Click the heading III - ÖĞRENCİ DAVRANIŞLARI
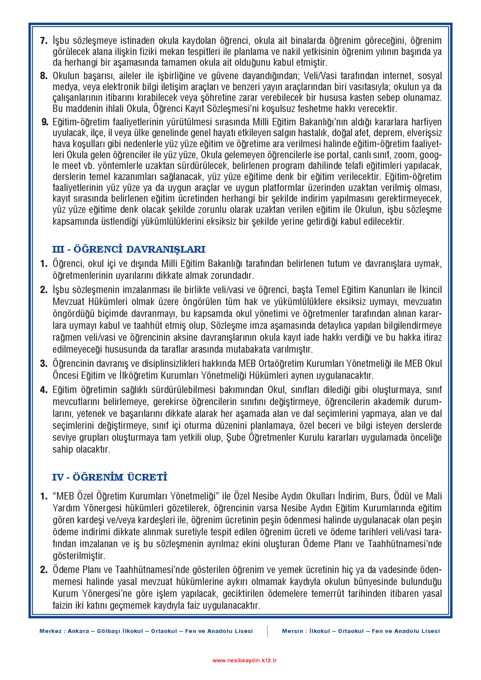coord(129,250)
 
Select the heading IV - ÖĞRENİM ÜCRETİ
coord(109,477)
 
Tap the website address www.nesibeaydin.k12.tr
coord(244,660)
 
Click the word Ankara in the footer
coord(78,631)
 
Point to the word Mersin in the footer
coord(292,631)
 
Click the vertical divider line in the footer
coord(268,631)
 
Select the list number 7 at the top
coord(44,41)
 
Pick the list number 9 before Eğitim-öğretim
coord(45,122)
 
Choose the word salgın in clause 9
coord(254,133)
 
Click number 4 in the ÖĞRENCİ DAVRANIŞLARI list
coord(44,390)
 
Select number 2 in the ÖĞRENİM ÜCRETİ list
coord(44,570)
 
